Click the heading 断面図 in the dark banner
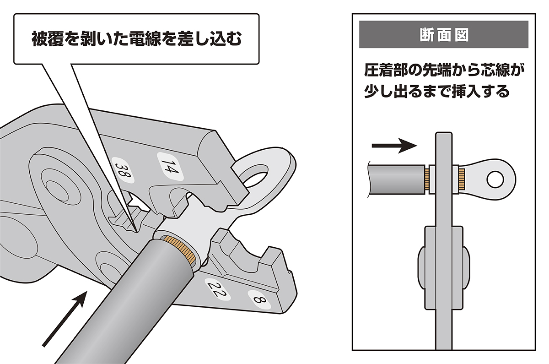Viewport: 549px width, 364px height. click(x=444, y=36)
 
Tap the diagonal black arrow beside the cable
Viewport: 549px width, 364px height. click(x=65, y=320)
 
